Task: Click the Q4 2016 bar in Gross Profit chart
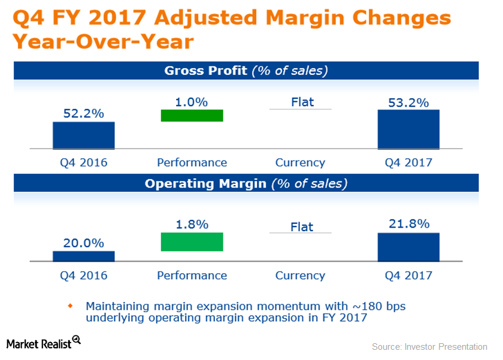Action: click(83, 135)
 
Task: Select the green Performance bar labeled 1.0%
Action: click(192, 116)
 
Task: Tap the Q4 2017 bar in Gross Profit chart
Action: click(408, 129)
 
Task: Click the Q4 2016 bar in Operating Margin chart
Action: click(83, 256)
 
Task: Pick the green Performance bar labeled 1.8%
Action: click(192, 242)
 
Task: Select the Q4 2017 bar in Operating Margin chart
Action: click(408, 247)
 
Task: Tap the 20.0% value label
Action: click(84, 243)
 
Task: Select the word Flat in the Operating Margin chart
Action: click(302, 227)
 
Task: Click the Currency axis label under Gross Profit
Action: click(300, 162)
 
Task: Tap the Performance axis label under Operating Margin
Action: click(192, 276)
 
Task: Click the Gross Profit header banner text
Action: click(246, 71)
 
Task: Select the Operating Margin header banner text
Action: click(246, 183)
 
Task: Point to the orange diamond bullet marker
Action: click(69, 306)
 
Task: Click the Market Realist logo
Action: click(43, 343)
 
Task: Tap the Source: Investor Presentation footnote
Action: click(429, 347)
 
